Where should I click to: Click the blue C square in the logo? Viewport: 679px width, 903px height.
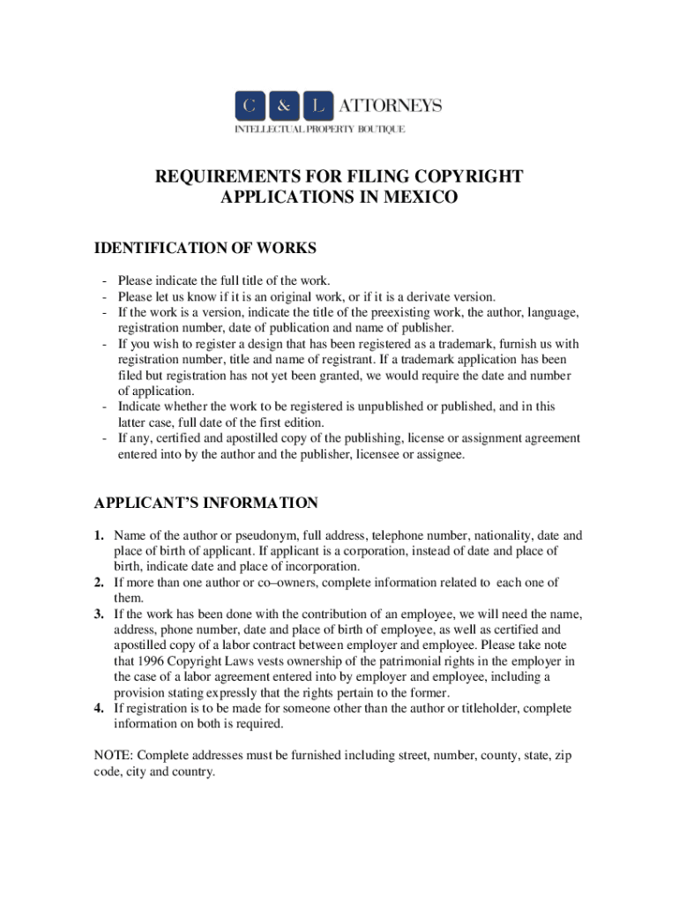pos(248,108)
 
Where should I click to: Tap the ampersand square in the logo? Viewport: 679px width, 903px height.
pos(282,108)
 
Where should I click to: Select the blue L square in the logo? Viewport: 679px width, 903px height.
pos(316,108)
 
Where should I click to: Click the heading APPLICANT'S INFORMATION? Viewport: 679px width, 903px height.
pos(206,504)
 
